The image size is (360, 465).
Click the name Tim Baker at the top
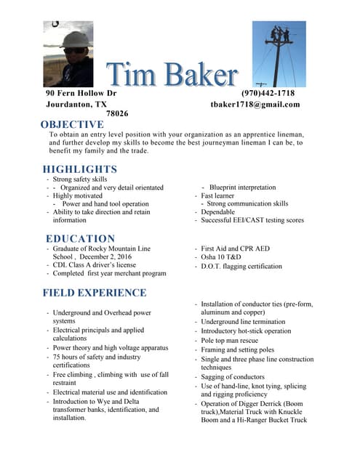pyautogui.click(x=172, y=75)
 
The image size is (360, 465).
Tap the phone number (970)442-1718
pyautogui.click(x=268, y=94)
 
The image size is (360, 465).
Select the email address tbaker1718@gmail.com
pyautogui.click(x=255, y=105)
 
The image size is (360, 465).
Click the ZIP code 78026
pyautogui.click(x=117, y=114)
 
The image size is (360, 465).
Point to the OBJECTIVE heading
pyautogui.click(x=72, y=125)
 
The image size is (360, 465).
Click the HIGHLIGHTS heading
pyautogui.click(x=80, y=169)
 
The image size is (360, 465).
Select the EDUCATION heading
pyautogui.click(x=80, y=238)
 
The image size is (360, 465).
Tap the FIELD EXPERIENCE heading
pyautogui.click(x=95, y=293)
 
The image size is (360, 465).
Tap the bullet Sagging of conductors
pyautogui.click(x=233, y=376)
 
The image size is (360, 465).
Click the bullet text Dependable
pyautogui.click(x=218, y=212)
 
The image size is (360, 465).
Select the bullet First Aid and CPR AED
pyautogui.click(x=235, y=248)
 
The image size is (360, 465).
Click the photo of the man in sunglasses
pyautogui.click(x=68, y=53)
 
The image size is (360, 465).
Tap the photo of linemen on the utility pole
pyautogui.click(x=279, y=53)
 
